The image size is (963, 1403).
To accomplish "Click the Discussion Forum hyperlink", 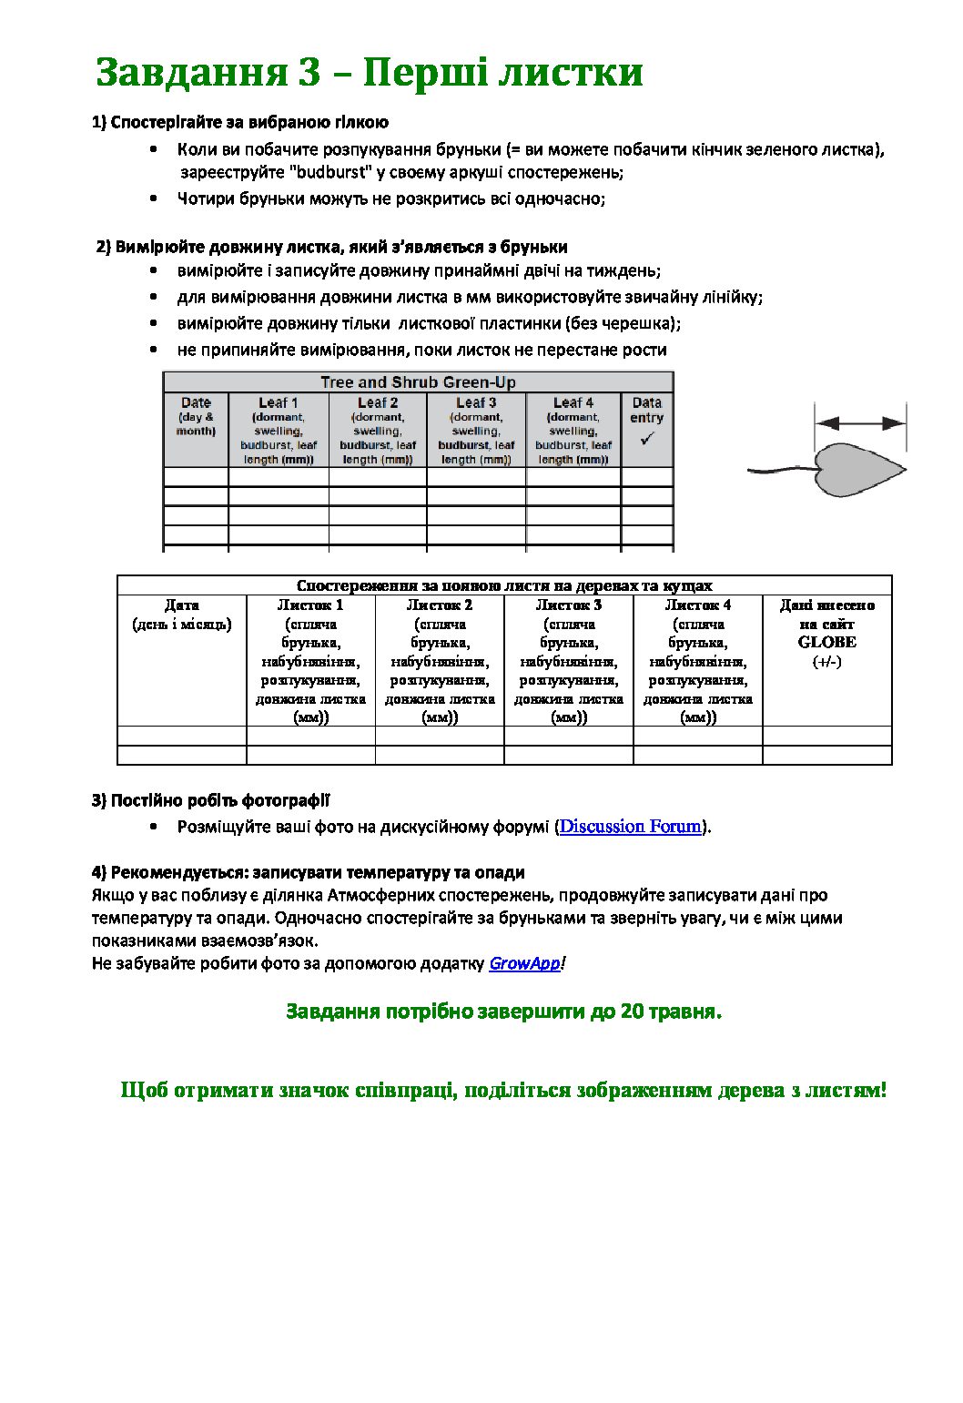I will [x=631, y=827].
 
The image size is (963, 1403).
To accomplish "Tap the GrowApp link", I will [x=524, y=963].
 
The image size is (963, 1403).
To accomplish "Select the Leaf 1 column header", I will [x=278, y=402].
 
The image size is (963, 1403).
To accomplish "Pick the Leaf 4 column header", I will [x=573, y=402].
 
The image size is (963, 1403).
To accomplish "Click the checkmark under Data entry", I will [x=647, y=439].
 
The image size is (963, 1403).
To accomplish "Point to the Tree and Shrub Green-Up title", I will [x=418, y=382].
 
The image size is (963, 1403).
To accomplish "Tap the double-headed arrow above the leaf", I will [x=860, y=422].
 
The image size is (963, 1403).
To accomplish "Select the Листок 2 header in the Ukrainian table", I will [x=440, y=605].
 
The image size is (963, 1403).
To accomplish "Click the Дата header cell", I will [x=182, y=605].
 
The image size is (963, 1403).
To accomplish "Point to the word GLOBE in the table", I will [x=826, y=642].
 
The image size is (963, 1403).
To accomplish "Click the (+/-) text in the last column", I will [x=826, y=662].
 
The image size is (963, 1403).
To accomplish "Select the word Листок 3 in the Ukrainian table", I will [x=569, y=605].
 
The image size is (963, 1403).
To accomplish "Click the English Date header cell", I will [x=196, y=402].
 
